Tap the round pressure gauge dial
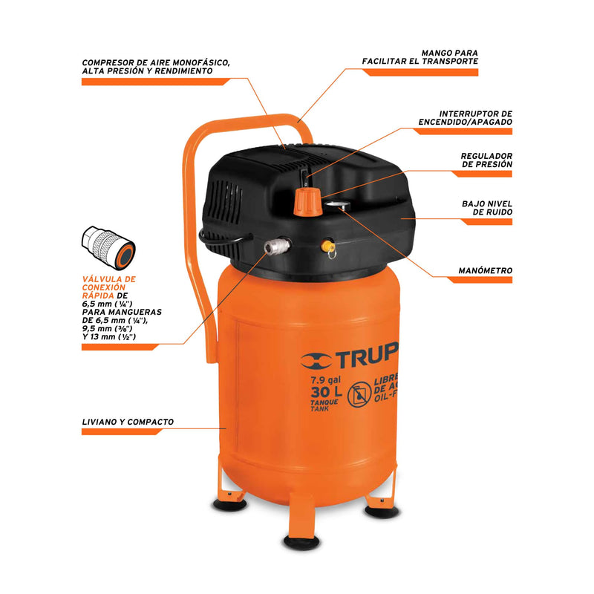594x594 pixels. point(337,206)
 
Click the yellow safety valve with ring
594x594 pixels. point(328,247)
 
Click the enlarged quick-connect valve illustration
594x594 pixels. point(108,248)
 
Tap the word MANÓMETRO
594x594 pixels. point(486,270)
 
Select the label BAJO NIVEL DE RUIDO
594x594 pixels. point(487,208)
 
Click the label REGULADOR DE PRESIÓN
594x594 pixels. point(486,160)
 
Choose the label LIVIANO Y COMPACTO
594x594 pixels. point(128,422)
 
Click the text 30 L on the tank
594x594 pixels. point(326,393)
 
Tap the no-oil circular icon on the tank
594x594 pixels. point(359,394)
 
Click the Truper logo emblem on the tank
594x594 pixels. point(316,361)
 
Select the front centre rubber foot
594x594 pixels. point(302,543)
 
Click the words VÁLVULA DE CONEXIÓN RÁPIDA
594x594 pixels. point(108,287)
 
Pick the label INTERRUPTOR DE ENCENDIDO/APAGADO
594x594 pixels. point(466,118)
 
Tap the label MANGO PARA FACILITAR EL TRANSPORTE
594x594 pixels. point(420,57)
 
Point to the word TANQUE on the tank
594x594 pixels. point(324,402)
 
